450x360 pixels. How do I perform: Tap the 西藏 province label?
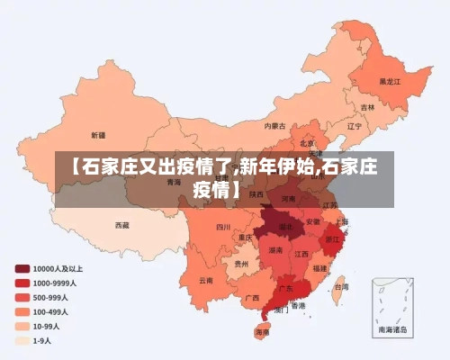(121, 224)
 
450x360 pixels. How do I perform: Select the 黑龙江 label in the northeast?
(390, 80)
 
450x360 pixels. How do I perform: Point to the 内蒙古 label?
(275, 125)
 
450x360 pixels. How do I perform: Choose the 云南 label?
(206, 280)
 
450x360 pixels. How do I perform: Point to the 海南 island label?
(262, 332)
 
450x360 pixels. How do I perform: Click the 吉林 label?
(367, 107)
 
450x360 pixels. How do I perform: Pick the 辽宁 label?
(354, 126)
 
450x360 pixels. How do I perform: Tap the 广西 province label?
(252, 297)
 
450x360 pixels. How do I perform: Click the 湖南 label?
(275, 250)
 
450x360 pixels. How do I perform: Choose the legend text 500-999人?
(52, 297)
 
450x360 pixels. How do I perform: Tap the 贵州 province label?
(240, 264)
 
